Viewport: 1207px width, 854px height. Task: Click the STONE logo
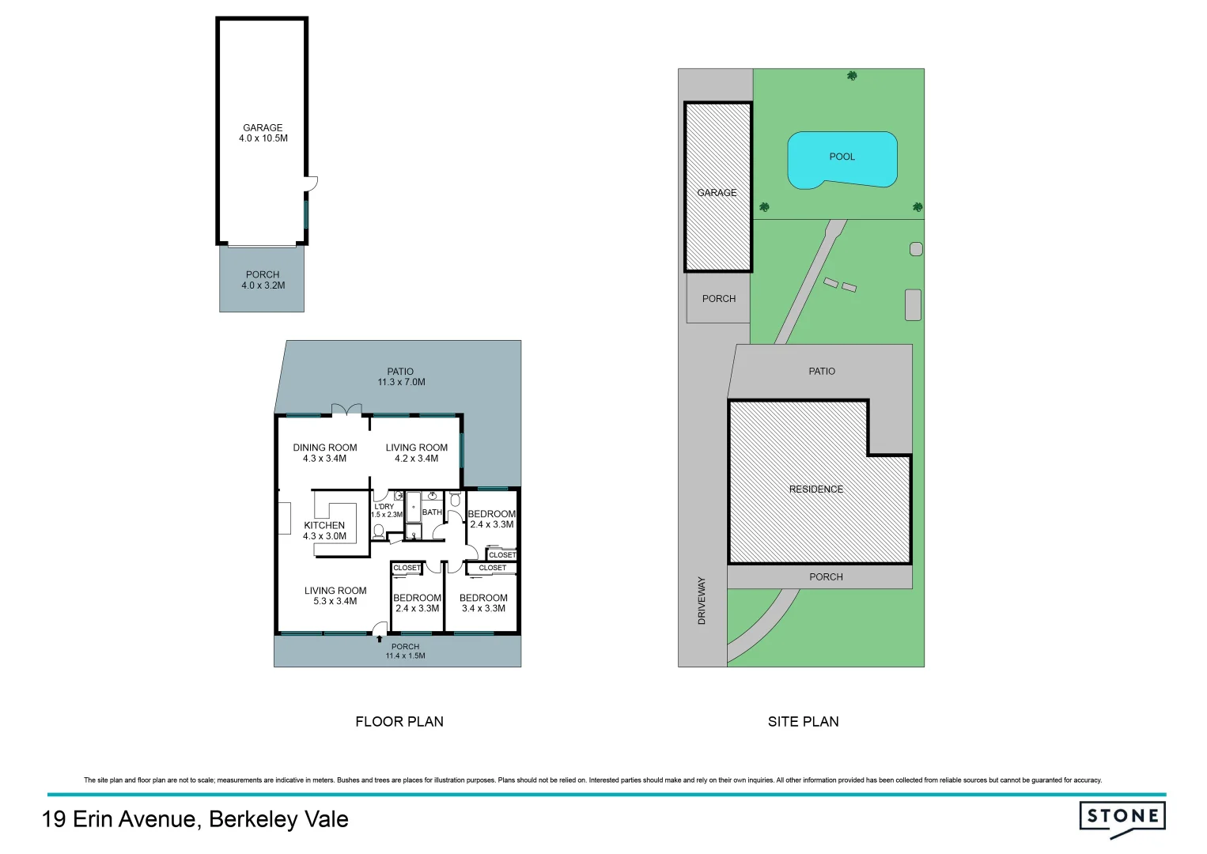coord(1122,818)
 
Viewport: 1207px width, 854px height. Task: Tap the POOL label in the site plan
coord(842,157)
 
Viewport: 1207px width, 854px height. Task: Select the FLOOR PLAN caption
coord(399,721)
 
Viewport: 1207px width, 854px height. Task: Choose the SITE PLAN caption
coord(803,721)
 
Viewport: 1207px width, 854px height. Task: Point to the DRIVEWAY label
coord(702,601)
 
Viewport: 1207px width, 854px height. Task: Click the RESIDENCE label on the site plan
coord(815,489)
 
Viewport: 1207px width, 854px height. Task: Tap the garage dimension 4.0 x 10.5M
coord(263,138)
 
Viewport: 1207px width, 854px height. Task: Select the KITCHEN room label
coord(324,525)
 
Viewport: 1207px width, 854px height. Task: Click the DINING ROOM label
coord(325,448)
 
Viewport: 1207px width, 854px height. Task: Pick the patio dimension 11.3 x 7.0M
coord(401,383)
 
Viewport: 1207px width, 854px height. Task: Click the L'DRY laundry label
coord(384,507)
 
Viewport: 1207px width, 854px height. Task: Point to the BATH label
coord(432,512)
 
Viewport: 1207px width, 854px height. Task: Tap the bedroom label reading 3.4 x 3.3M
coord(483,609)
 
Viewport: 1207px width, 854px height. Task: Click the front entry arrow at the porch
coord(380,638)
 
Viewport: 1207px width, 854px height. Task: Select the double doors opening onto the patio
coord(346,409)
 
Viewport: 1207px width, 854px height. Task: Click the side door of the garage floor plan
coord(312,183)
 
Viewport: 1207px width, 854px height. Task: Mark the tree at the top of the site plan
coord(852,76)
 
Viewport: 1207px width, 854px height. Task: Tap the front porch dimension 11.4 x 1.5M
coord(405,656)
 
